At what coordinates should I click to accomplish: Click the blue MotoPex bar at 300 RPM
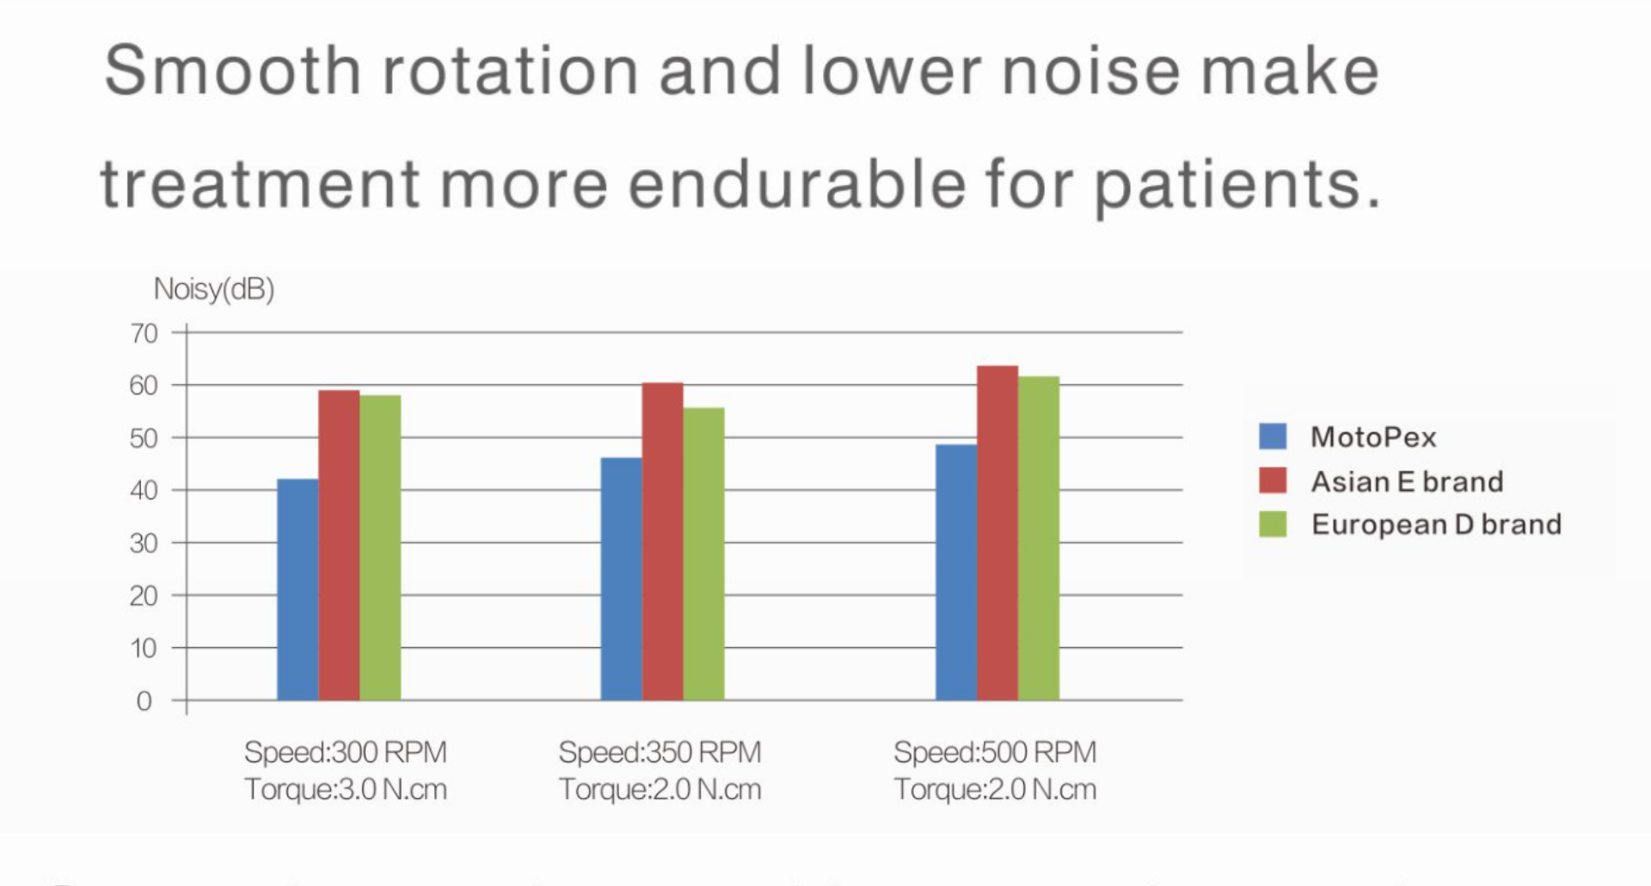298,590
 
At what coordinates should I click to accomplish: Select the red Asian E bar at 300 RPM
339,545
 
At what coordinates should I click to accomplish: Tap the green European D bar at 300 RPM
380,547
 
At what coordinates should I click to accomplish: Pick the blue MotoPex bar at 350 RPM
621,579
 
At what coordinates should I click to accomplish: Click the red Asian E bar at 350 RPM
662,541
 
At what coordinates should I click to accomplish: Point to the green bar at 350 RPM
703,553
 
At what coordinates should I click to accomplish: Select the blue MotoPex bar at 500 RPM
956,572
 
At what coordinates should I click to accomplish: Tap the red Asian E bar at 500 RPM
997,533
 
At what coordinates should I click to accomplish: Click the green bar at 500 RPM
1039,538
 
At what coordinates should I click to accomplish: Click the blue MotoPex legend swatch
1273,437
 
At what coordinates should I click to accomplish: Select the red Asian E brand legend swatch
1273,480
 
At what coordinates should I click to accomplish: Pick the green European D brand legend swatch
1273,524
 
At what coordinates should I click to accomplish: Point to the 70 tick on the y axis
144,333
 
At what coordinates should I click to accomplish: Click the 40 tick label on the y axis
144,491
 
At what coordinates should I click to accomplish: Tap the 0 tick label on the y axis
144,701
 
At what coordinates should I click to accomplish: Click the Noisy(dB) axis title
214,290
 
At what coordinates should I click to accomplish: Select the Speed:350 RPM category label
660,753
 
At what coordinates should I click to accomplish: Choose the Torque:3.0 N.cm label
346,789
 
